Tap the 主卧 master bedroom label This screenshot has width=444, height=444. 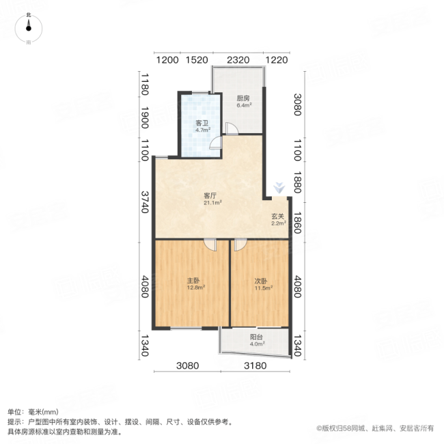click(x=194, y=280)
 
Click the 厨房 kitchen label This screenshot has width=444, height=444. click(x=243, y=98)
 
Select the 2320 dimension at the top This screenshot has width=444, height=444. click(x=237, y=60)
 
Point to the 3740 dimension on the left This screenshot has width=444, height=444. click(x=145, y=202)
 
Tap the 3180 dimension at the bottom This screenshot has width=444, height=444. click(x=258, y=365)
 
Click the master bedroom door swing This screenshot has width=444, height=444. click(x=210, y=244)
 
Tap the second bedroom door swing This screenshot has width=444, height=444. click(x=240, y=244)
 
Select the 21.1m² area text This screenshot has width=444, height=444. click(x=210, y=202)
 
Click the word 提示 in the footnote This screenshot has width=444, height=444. click(x=14, y=422)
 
